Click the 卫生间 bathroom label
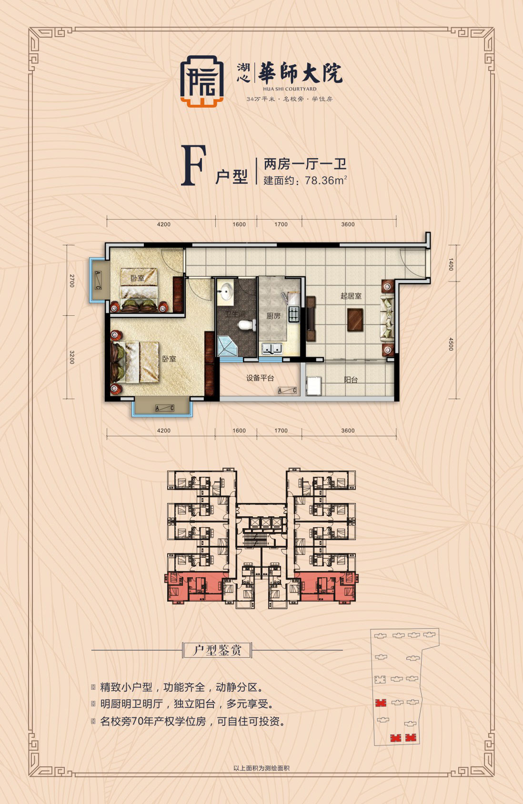coord(235,315)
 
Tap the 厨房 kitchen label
coord(273,316)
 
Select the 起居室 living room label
coord(351,296)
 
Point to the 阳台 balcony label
coord(351,380)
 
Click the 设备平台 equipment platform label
coord(260,378)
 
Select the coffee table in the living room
coord(355,320)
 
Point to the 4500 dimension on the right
coord(450,344)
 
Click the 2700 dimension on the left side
coord(72,281)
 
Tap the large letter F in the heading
coord(193,166)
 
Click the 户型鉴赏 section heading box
coord(217,650)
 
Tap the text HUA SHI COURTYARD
coord(290,89)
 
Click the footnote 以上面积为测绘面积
coord(261,768)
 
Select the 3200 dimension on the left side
coord(72,357)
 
